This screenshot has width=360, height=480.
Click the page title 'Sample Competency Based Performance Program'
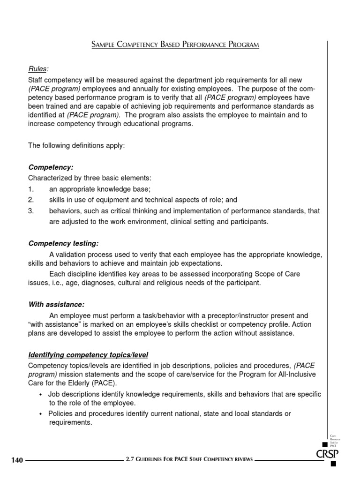[175, 45]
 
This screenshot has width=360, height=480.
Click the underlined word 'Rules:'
[38, 69]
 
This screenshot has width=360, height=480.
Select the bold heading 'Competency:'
[51, 167]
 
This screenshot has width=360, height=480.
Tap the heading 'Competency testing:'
[64, 243]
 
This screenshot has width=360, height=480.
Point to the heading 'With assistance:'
[56, 304]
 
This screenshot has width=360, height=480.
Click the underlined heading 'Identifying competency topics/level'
[89, 354]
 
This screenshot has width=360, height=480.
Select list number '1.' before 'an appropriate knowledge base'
[31, 189]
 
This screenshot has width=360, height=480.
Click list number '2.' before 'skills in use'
[31, 200]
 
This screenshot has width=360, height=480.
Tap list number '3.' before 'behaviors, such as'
[31, 211]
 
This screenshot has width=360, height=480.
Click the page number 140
[17, 460]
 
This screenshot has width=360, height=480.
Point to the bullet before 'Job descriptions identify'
[41, 395]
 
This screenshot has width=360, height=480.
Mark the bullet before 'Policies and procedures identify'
[41, 414]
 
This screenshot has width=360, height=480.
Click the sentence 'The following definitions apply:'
[76, 145]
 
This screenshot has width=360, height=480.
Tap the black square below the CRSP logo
[333, 465]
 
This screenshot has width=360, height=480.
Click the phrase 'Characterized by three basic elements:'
[90, 178]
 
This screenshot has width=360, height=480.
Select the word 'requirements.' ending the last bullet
[71, 422]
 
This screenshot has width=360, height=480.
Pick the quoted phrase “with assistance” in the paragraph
[55, 324]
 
